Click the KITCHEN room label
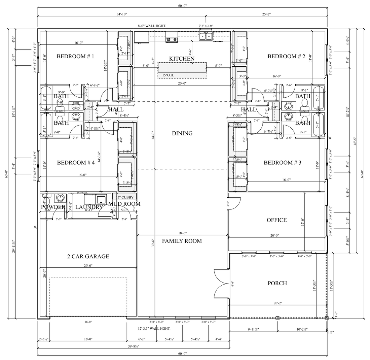click(x=182, y=59)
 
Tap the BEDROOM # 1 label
click(x=75, y=56)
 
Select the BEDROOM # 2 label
click(x=286, y=56)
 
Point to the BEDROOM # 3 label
click(x=282, y=163)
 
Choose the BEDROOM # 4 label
click(x=76, y=163)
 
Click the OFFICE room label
click(x=276, y=220)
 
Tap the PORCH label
click(x=277, y=283)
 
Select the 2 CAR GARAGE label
click(x=88, y=256)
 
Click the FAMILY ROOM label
click(x=182, y=241)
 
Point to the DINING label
click(x=182, y=133)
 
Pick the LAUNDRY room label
click(x=89, y=207)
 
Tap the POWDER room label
click(x=53, y=207)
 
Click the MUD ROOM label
click(x=124, y=204)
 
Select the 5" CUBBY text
click(x=125, y=197)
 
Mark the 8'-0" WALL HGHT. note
click(x=152, y=26)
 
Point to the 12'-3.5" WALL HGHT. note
click(x=154, y=328)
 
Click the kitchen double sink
click(x=206, y=36)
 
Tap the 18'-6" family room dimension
click(x=182, y=233)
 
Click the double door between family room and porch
click(x=221, y=284)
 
